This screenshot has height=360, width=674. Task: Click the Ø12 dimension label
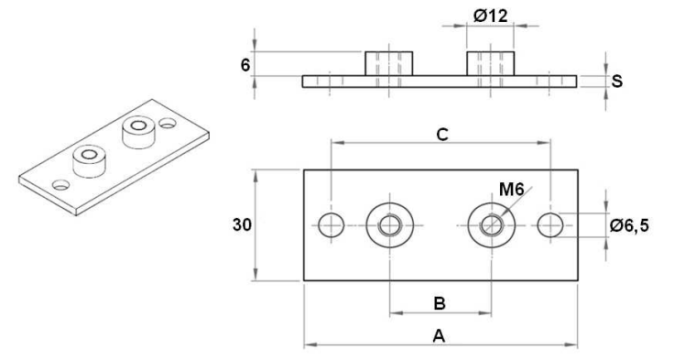[491, 16]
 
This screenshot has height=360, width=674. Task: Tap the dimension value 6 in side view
[245, 65]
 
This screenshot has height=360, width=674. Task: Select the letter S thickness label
[617, 81]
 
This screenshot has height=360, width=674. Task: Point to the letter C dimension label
[442, 134]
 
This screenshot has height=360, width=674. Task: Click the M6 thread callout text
[512, 189]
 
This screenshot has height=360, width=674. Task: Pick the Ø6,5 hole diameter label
[629, 225]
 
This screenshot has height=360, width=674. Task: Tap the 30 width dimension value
[242, 224]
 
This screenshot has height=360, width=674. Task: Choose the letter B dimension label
[440, 303]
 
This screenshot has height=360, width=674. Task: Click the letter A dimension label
[439, 336]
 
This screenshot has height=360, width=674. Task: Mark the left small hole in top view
[331, 224]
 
